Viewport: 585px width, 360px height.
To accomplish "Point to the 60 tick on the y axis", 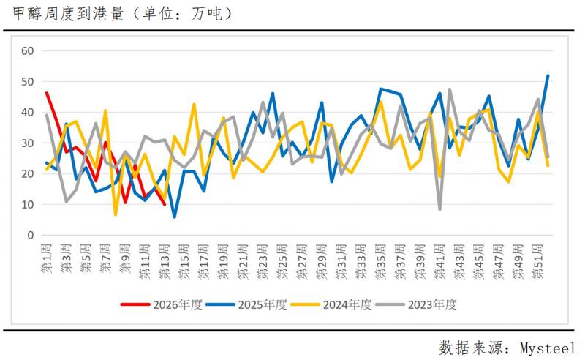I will click(x=29, y=50).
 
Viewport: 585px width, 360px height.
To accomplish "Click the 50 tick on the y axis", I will click(x=29, y=81).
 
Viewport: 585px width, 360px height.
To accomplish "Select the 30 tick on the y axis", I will click(x=29, y=143).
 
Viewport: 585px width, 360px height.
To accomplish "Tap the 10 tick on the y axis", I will click(x=29, y=205).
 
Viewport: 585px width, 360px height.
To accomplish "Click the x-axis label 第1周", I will click(x=47, y=259).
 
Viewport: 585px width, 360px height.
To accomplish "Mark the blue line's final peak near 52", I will click(x=548, y=75).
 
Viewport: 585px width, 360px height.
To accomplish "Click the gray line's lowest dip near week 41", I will click(x=439, y=209).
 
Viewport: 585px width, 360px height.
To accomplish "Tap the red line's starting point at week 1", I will click(x=47, y=93).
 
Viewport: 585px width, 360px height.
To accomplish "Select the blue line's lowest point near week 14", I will click(x=174, y=217).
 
